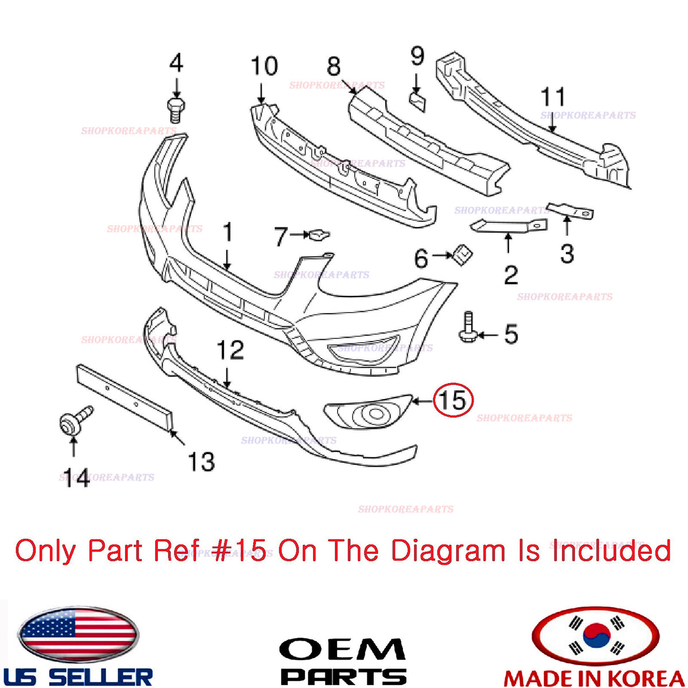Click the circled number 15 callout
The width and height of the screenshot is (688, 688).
coord(453,399)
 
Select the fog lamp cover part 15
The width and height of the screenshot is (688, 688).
coord(368,412)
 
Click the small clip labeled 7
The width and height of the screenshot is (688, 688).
coord(319,234)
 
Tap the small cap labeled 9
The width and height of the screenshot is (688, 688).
coord(417,102)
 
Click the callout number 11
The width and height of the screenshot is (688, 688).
coord(553,96)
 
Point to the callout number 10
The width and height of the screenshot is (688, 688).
coord(264,66)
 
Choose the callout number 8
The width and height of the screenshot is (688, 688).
coord(334,67)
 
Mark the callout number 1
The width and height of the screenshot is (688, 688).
coord(228,232)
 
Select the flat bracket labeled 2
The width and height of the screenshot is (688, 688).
coord(509,226)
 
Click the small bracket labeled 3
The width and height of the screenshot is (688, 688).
coord(570,211)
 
